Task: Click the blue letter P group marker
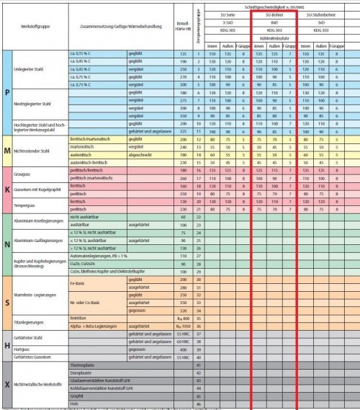[7, 92]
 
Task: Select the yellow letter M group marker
[7, 149]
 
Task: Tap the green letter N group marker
[7, 243]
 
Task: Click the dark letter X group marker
[7, 383]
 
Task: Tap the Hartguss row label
[21, 349]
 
